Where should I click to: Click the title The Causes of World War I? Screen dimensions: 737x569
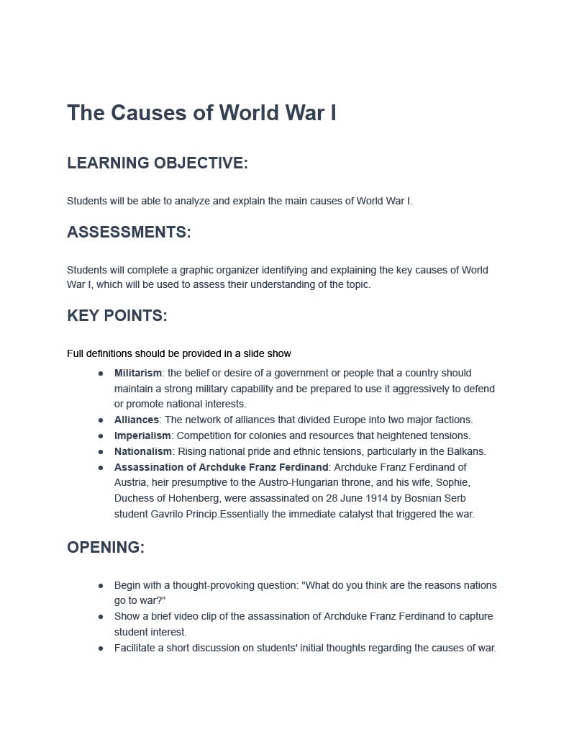coord(201,113)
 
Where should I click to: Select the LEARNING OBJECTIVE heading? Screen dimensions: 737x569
coord(157,163)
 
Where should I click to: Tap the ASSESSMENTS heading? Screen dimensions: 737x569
coord(129,232)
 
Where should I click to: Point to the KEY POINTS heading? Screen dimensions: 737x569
coord(117,316)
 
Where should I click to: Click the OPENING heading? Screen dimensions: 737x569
coord(106,548)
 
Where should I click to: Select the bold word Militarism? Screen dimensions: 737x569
coord(138,373)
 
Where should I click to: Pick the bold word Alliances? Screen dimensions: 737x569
coord(137,420)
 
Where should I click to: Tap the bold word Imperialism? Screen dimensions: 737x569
coord(142,435)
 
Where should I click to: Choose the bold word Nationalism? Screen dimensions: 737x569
coord(143,451)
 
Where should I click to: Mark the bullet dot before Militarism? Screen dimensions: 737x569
coord(101,374)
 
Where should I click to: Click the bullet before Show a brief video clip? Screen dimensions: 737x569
coord(101,617)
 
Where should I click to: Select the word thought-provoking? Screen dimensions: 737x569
coord(219,585)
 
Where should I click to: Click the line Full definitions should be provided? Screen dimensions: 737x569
coord(178,353)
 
